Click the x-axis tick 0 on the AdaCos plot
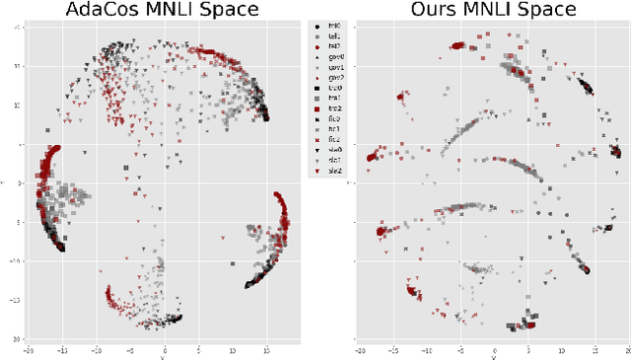(x=164, y=348)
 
